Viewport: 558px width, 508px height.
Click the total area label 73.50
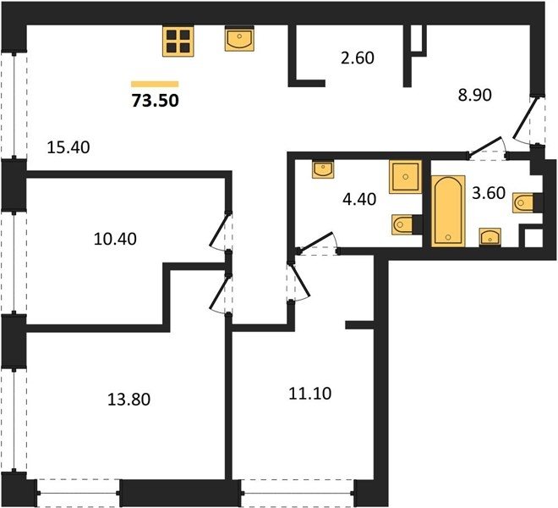tap(156, 101)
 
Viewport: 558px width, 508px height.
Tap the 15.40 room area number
tap(68, 147)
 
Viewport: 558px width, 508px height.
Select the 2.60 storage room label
tap(358, 58)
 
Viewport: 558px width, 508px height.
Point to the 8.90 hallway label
tap(475, 95)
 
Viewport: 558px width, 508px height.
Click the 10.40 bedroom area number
tap(115, 239)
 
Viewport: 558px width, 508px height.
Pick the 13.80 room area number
tap(129, 400)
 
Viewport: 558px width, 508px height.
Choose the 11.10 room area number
tap(310, 394)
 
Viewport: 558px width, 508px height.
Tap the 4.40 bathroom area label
tap(359, 199)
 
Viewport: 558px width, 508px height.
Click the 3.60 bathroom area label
tap(489, 193)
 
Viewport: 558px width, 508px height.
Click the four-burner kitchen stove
tap(178, 41)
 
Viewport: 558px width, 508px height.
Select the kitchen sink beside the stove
tap(239, 39)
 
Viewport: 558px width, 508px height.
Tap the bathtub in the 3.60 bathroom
tap(448, 211)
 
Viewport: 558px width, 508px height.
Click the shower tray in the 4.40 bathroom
tap(405, 177)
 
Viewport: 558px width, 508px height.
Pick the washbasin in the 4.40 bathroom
tap(323, 169)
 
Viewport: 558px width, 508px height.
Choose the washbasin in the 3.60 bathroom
tap(490, 237)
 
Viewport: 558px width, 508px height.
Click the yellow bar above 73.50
tap(155, 84)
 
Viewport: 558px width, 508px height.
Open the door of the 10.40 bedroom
tap(219, 231)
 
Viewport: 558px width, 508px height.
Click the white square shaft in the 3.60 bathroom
tap(533, 238)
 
